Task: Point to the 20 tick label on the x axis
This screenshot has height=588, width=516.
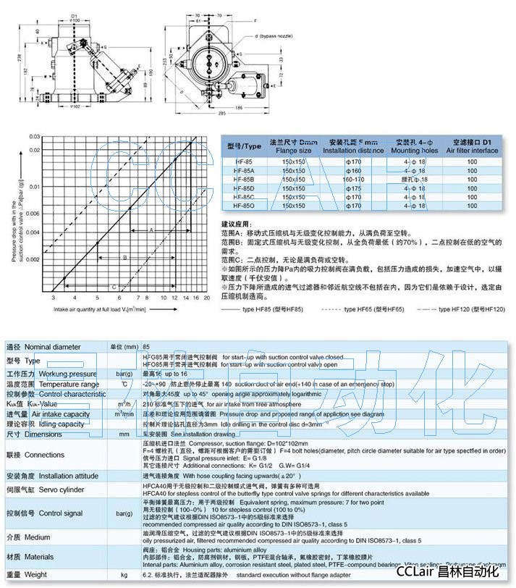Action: [x=207, y=297]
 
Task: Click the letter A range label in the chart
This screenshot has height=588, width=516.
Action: [x=151, y=230]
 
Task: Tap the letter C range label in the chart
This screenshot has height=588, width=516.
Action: [x=114, y=286]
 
